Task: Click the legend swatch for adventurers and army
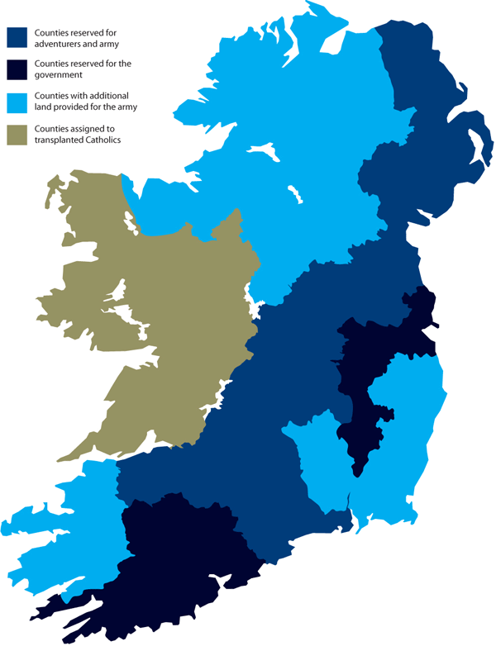[x=17, y=37]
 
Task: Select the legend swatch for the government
[x=17, y=69]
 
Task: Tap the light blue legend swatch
[x=17, y=101]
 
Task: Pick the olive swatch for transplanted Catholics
[x=17, y=133]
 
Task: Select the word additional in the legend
[x=112, y=95]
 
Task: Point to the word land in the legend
[x=42, y=107]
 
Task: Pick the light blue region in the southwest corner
[x=58, y=529]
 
